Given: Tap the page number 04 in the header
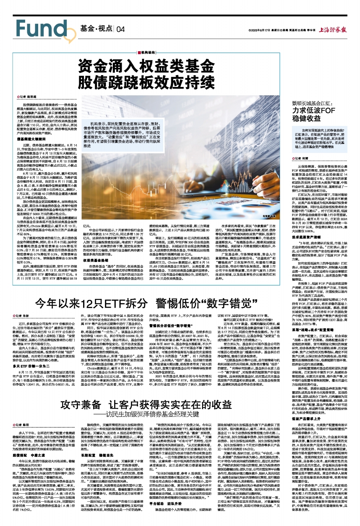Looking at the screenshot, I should pyautogui.click(x=121, y=29).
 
